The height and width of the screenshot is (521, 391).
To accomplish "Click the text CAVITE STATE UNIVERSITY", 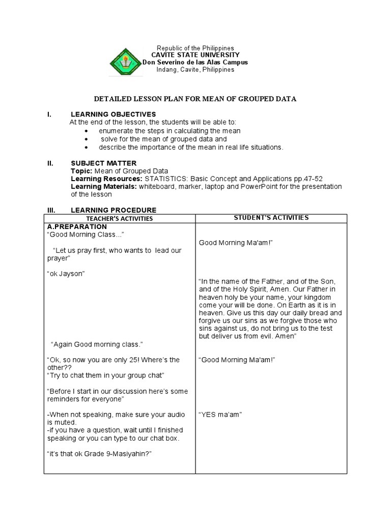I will pyautogui.click(x=195, y=55).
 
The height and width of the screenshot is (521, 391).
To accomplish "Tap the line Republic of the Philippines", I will pyautogui.click(x=195, y=48).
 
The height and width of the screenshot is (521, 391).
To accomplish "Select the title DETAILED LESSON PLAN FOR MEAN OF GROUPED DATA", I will pyautogui.click(x=195, y=99).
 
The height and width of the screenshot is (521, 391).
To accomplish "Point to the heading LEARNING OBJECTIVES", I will pyautogui.click(x=113, y=114).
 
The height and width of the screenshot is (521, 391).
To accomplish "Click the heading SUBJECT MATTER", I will pyautogui.click(x=103, y=163).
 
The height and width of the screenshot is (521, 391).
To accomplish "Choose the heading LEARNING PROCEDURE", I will pyautogui.click(x=114, y=210).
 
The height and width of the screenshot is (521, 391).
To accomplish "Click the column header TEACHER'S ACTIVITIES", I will pyautogui.click(x=120, y=219).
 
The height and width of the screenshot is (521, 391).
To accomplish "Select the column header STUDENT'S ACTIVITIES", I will pyautogui.click(x=271, y=218).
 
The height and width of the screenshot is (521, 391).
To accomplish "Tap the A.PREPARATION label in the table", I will pyautogui.click(x=77, y=226).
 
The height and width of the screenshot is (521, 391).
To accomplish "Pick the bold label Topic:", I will pyautogui.click(x=81, y=171).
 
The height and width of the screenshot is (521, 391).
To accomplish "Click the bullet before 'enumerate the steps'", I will pyautogui.click(x=87, y=131).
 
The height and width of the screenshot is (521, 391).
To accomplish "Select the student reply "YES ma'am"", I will pyautogui.click(x=220, y=414).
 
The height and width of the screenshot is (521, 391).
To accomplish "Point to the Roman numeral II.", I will pyautogui.click(x=50, y=163).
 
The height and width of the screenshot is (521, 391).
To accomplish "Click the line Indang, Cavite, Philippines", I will pyautogui.click(x=195, y=70).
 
